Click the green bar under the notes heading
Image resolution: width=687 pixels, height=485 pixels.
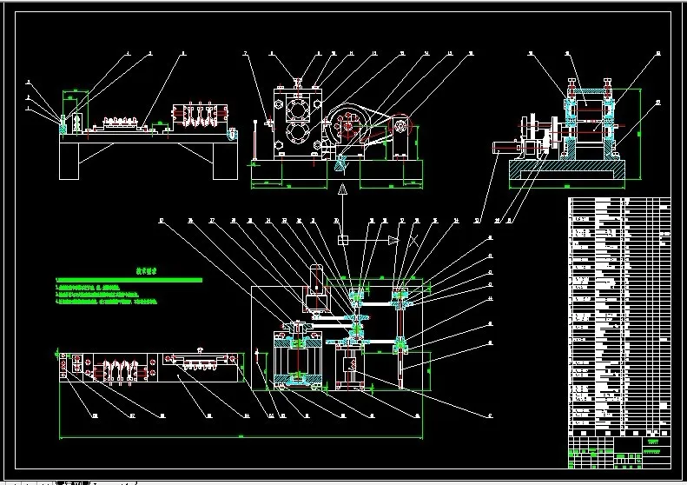[128, 280]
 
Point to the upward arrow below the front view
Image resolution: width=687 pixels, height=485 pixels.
[343, 189]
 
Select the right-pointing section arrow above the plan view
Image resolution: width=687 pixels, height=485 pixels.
[393, 239]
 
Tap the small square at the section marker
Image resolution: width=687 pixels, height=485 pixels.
[343, 239]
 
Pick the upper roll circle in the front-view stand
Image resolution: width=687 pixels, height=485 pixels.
[298, 110]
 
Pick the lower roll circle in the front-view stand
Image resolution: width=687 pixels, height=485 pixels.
[298, 136]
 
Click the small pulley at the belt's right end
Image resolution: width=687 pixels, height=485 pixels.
[402, 127]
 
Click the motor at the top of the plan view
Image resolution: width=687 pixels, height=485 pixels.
[316, 286]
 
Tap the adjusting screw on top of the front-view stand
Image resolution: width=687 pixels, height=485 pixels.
[297, 82]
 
